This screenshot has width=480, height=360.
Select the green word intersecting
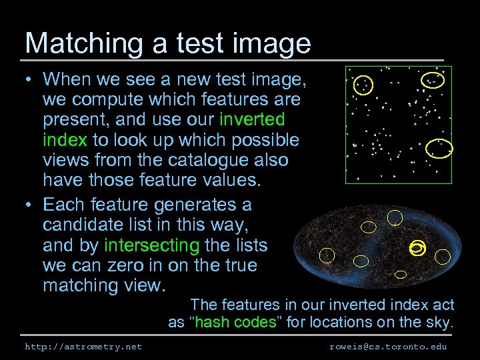click(151, 245)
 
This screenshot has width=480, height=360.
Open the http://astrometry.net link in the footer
click(83, 347)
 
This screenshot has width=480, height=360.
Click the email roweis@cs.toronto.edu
click(388, 347)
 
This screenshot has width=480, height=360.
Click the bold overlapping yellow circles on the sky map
click(417, 248)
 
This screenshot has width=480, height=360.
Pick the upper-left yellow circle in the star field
click(363, 85)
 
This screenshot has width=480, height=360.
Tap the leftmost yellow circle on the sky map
click(327, 255)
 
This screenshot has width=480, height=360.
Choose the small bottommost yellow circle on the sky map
click(401, 273)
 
